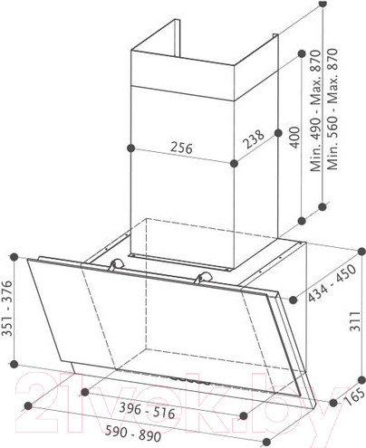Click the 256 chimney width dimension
[181, 148]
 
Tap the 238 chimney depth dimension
[254, 139]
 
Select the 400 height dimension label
[295, 138]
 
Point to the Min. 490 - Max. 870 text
[315, 110]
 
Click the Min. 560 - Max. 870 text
[332, 109]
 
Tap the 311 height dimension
[355, 321]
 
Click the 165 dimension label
[355, 396]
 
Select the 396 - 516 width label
[147, 411]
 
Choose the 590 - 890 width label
[133, 434]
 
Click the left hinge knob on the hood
[117, 264]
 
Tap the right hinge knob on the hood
[204, 277]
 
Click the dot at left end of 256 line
[130, 148]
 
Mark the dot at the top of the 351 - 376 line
[14, 257]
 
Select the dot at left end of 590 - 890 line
[28, 405]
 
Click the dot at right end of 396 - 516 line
[244, 416]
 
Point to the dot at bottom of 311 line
[361, 380]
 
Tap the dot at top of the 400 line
[302, 54]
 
